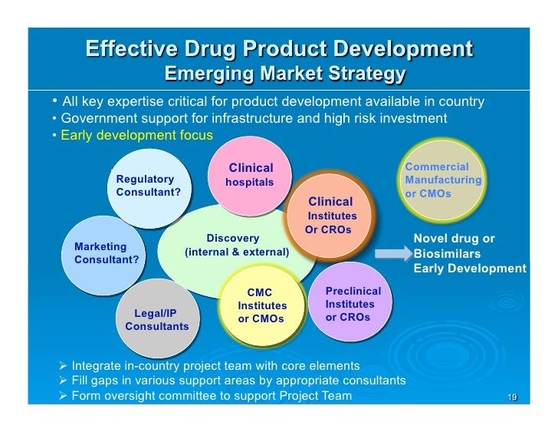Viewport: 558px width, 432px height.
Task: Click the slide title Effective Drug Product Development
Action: point(279,50)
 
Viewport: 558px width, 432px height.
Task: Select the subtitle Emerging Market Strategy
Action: point(284,75)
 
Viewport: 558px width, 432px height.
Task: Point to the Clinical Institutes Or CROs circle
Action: point(330,216)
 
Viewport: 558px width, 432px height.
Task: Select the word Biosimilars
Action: point(447,253)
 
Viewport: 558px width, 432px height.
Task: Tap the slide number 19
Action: point(512,397)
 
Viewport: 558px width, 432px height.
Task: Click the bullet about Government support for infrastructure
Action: point(254,118)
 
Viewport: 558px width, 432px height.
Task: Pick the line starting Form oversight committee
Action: point(211,396)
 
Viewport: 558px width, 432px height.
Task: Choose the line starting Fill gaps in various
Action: point(238,381)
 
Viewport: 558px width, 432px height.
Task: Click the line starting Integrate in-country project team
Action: point(215,365)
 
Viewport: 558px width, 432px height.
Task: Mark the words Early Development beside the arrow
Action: point(469,269)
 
